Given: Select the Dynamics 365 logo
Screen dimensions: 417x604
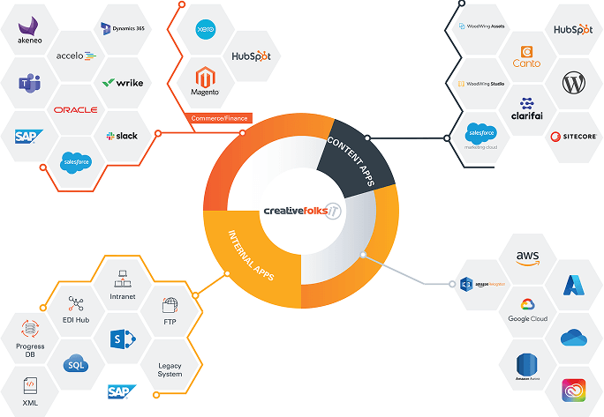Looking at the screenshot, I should click(x=123, y=29).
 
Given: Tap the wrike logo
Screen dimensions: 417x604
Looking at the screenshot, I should click(x=123, y=83).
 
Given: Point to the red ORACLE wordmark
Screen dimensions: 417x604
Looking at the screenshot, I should click(x=75, y=109).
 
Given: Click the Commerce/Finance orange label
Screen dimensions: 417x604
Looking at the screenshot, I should click(x=217, y=118).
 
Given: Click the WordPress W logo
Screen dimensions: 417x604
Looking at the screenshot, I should click(x=573, y=83).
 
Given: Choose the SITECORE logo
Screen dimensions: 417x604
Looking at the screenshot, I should click(x=573, y=137).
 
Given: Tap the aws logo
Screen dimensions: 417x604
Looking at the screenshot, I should click(x=527, y=257).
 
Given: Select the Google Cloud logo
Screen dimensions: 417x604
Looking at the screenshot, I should click(x=527, y=309).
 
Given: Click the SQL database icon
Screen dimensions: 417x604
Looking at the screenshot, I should click(x=76, y=363).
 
